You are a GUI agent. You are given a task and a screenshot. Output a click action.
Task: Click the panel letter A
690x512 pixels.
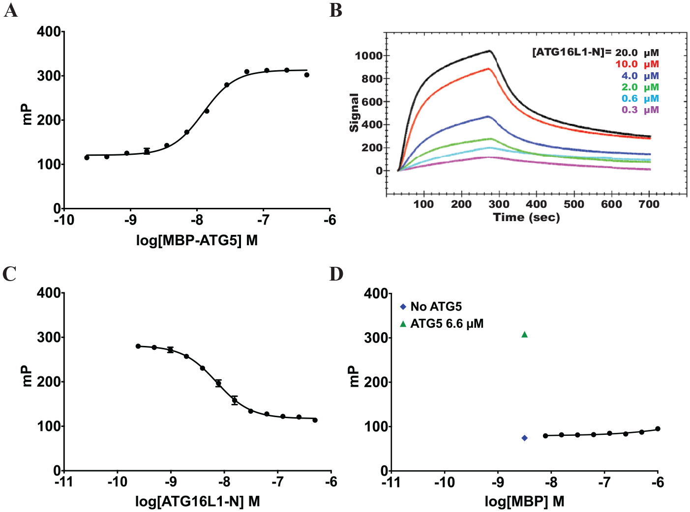[x=11, y=11]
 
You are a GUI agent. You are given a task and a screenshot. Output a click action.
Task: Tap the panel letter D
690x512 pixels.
[x=336, y=274]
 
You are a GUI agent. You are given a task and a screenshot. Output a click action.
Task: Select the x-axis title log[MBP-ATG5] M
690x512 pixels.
[x=197, y=240]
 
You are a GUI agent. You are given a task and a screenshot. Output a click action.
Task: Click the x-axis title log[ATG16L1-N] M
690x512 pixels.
[x=198, y=501]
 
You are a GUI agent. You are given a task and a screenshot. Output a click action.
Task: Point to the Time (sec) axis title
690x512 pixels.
[x=526, y=217]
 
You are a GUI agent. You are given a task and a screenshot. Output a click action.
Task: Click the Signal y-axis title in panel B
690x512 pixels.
[x=354, y=113]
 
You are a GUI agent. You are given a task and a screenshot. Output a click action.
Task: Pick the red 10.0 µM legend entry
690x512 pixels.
[x=637, y=64]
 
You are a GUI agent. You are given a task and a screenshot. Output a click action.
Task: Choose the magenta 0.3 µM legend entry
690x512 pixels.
[x=640, y=110]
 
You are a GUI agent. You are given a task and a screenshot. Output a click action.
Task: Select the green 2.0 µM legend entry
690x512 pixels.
[x=640, y=87]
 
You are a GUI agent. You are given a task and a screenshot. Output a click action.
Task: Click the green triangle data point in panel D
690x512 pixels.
[x=524, y=335]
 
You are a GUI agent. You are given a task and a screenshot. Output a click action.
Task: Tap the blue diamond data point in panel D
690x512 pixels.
[x=524, y=438]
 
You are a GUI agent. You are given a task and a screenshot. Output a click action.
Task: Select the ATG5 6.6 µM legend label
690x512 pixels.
[x=447, y=324]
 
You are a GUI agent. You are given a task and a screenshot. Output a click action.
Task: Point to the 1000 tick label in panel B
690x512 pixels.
[x=369, y=56]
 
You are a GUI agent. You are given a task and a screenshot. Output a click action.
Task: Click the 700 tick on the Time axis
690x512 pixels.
[x=649, y=204]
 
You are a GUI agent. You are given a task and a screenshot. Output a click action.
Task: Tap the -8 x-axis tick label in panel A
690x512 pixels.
[x=197, y=220]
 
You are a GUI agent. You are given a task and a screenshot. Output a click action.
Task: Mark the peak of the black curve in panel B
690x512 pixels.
[x=490, y=50]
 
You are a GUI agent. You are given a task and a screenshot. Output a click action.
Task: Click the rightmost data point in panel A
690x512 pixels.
[x=307, y=75]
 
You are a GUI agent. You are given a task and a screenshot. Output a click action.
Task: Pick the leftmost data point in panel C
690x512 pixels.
[x=138, y=346]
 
